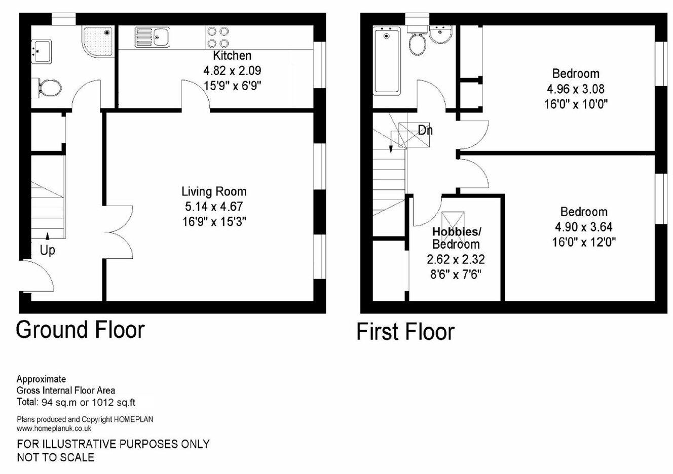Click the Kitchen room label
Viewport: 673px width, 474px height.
point(232,56)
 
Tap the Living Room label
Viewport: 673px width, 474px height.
point(214,191)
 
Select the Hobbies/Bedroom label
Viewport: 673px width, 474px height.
point(456,238)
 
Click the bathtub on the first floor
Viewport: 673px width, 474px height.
point(387,61)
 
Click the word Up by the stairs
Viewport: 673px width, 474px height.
point(48,250)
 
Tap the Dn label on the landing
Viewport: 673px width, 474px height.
point(425,130)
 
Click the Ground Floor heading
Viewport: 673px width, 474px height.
point(81,330)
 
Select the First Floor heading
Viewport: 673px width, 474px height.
point(405,332)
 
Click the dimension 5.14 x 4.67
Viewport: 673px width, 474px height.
point(214,207)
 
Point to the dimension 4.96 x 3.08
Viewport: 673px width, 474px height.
point(576,89)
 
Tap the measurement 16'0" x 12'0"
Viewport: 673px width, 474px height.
point(583,243)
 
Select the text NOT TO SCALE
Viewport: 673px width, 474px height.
point(56,458)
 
